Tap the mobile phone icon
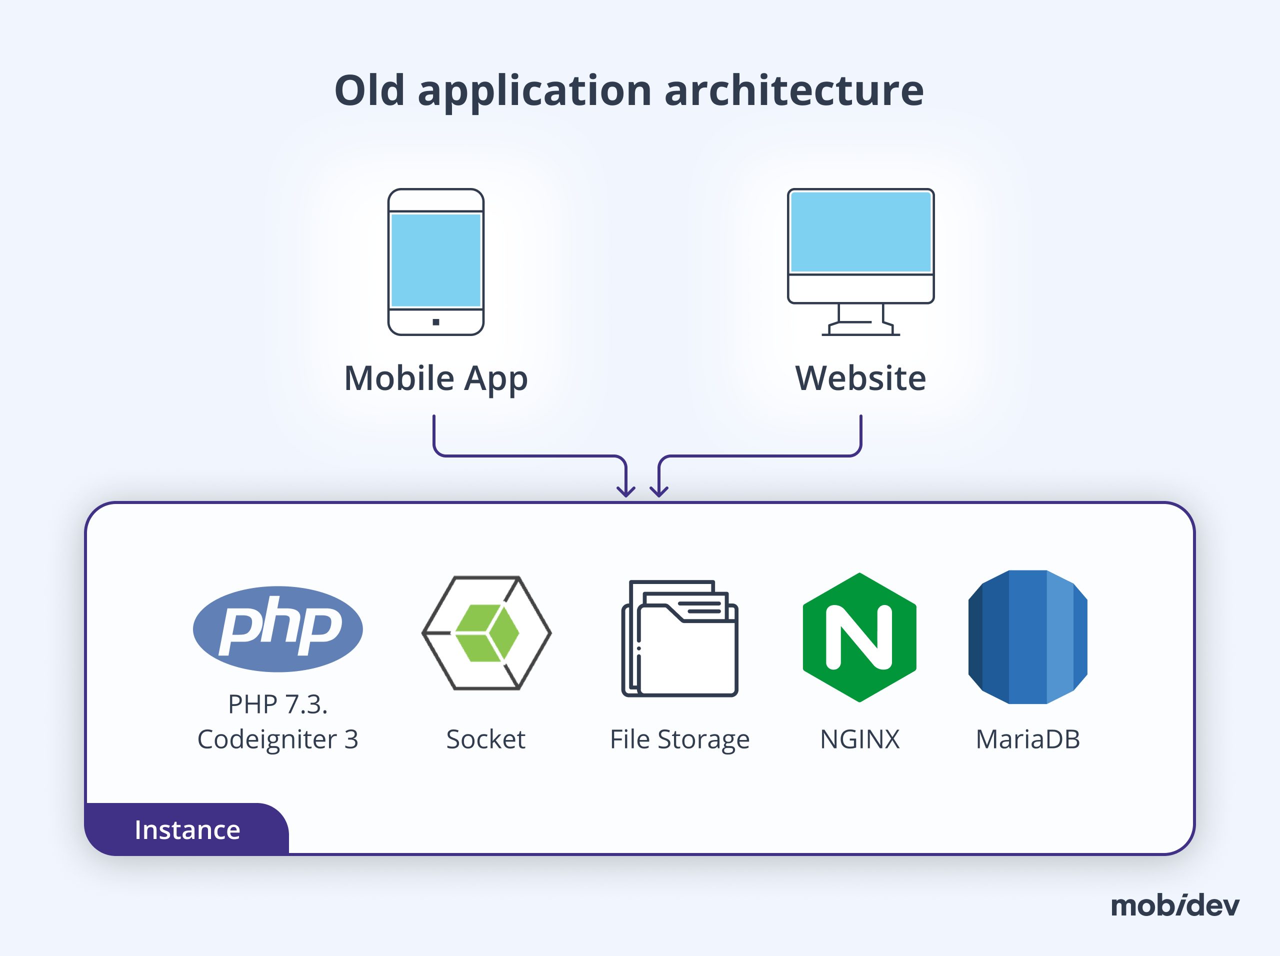coord(435,261)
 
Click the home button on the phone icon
coord(435,322)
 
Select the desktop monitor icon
coord(860,246)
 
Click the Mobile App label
coord(435,378)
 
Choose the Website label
coord(860,378)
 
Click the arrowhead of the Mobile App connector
coord(625,492)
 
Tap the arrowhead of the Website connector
coord(659,492)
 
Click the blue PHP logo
coord(278,629)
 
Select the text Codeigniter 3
coord(278,739)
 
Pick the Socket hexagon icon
coord(486,632)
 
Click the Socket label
coord(485,739)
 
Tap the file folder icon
coord(680,638)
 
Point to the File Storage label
coord(680,739)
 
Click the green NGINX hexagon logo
coord(859,637)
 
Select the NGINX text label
coord(859,739)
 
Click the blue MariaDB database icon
coord(1027,637)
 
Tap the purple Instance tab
coord(187,829)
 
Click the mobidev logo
coord(1174,905)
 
